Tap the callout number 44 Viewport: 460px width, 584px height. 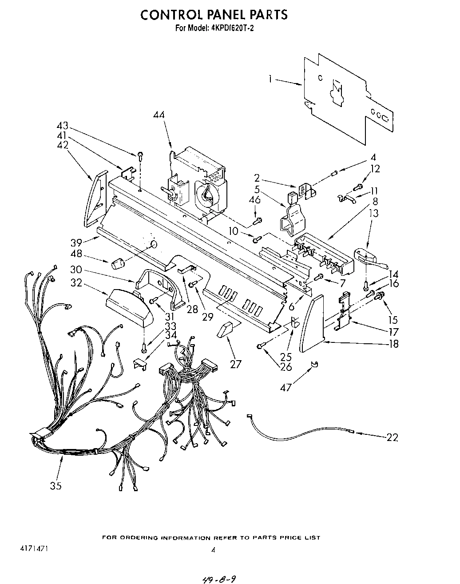[x=159, y=115]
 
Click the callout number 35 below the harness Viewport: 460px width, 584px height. [x=56, y=486]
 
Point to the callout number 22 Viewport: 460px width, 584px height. [x=392, y=437]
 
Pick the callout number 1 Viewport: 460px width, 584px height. [x=270, y=79]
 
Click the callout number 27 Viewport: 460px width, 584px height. [x=235, y=364]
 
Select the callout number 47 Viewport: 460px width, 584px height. [x=286, y=387]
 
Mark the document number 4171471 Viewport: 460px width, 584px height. [x=34, y=549]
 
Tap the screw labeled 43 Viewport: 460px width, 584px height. [x=140, y=155]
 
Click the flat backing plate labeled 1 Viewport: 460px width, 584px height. [x=346, y=98]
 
